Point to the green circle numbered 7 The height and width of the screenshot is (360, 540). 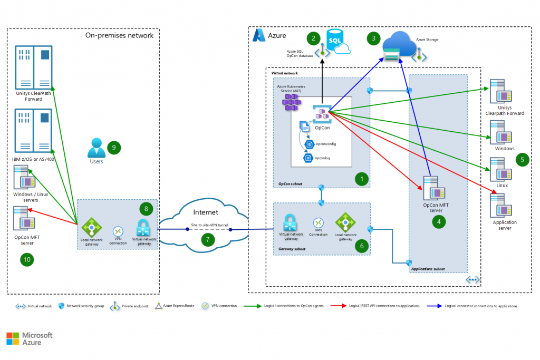207,240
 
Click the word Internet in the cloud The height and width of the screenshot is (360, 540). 205,212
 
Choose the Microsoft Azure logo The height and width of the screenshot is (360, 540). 30,339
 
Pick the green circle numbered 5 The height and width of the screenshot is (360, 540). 522,159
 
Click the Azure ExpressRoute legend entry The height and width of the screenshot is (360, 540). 175,306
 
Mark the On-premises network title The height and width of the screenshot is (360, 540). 119,35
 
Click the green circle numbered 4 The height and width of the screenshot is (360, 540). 438,222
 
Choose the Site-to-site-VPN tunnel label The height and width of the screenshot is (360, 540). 209,226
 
